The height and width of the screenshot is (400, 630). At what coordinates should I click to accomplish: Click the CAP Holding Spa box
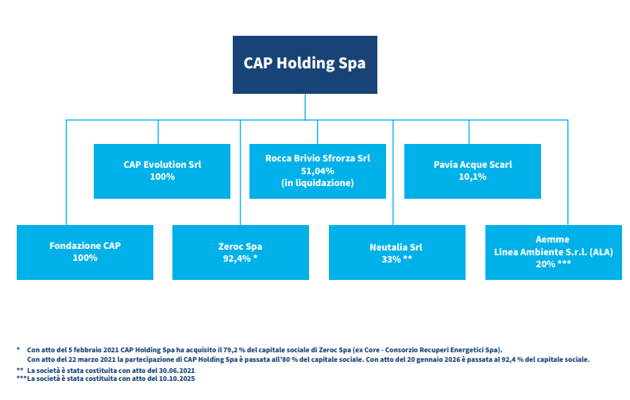coord(304,64)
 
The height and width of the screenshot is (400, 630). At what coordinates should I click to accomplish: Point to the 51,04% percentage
coord(317,170)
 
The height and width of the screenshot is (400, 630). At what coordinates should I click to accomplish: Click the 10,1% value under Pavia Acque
coord(473,177)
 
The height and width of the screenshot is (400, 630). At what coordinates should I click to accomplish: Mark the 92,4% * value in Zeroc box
coord(240,258)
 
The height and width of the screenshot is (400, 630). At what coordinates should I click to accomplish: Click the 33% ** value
coord(396,258)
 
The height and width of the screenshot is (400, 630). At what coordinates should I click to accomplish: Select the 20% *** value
coord(552,264)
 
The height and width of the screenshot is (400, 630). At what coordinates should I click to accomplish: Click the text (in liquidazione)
coord(317,182)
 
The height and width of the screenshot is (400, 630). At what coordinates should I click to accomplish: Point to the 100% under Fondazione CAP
coord(85,258)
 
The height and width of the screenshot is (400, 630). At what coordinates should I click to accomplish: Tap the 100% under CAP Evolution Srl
coord(162,177)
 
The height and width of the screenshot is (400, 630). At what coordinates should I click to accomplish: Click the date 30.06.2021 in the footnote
coord(176,371)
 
